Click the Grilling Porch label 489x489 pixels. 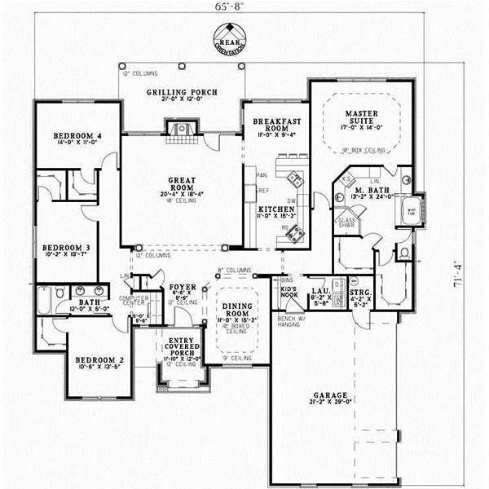182,93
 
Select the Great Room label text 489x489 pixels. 180,184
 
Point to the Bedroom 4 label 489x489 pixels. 77,135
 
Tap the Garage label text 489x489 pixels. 329,396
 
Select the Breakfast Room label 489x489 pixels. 272,125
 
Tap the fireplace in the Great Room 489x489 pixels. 181,129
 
